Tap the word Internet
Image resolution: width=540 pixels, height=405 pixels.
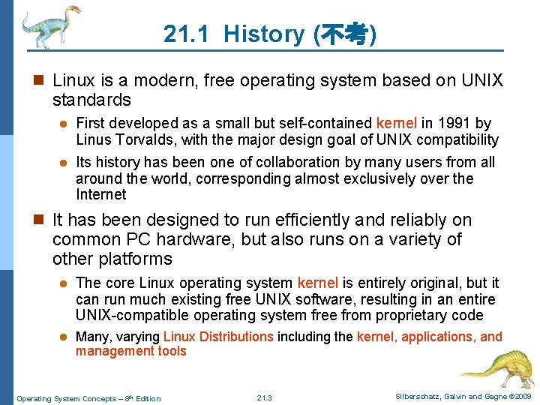(x=101, y=194)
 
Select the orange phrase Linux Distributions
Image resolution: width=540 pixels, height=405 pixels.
(x=218, y=337)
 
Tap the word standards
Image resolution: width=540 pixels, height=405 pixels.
(x=91, y=100)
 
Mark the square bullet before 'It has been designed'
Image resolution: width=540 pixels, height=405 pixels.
(x=40, y=220)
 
